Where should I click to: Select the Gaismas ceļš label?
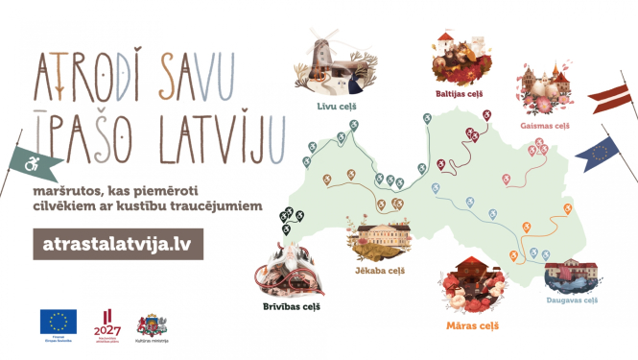pyautogui.click(x=544, y=125)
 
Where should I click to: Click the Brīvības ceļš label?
pyautogui.click(x=291, y=306)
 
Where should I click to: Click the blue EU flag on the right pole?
pyautogui.click(x=603, y=153)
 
